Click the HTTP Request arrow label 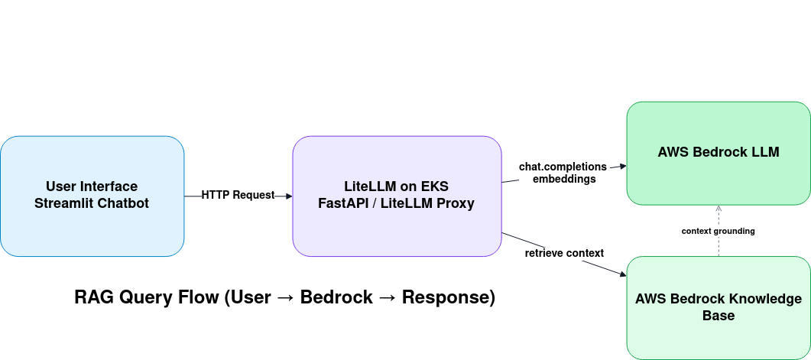(x=238, y=195)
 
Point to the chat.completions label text (x=563, y=167)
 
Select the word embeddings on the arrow (x=563, y=179)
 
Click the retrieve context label (x=564, y=253)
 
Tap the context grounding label (x=718, y=231)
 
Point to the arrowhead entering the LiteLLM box (x=288, y=196)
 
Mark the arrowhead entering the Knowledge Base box (x=621, y=274)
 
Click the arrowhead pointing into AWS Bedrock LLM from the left (x=622, y=166)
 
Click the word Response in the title (x=448, y=297)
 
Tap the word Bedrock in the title (x=336, y=297)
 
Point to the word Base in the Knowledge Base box (x=718, y=316)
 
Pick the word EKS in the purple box (x=433, y=186)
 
